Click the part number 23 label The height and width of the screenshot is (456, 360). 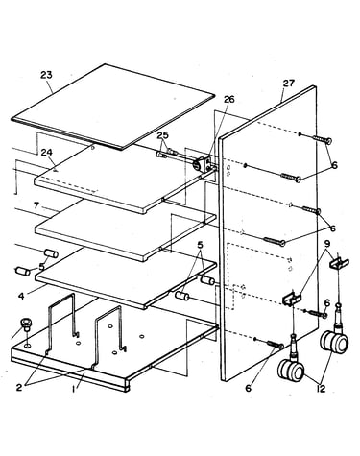tap(46, 75)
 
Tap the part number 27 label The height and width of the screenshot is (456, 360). tap(288, 84)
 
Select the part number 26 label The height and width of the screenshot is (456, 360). tap(228, 99)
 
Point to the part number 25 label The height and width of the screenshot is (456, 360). tap(162, 135)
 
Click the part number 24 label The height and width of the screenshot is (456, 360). tap(46, 153)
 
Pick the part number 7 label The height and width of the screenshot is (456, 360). tap(36, 205)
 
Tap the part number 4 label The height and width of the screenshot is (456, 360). tap(21, 296)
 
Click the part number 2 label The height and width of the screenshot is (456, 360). tap(19, 387)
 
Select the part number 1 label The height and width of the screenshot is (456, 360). tap(74, 389)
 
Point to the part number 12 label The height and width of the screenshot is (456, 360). tap(321, 389)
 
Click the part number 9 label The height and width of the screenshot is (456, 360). tap(327, 244)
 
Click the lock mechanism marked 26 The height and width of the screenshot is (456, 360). tap(202, 164)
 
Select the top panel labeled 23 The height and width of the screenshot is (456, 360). tap(112, 107)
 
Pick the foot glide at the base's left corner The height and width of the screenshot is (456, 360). tap(25, 324)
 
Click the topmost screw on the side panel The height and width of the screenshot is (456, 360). tap(321, 139)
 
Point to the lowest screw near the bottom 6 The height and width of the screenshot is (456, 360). tap(275, 345)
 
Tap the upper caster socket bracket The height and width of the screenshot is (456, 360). tap(339, 263)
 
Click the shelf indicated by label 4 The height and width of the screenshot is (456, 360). tap(125, 277)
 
